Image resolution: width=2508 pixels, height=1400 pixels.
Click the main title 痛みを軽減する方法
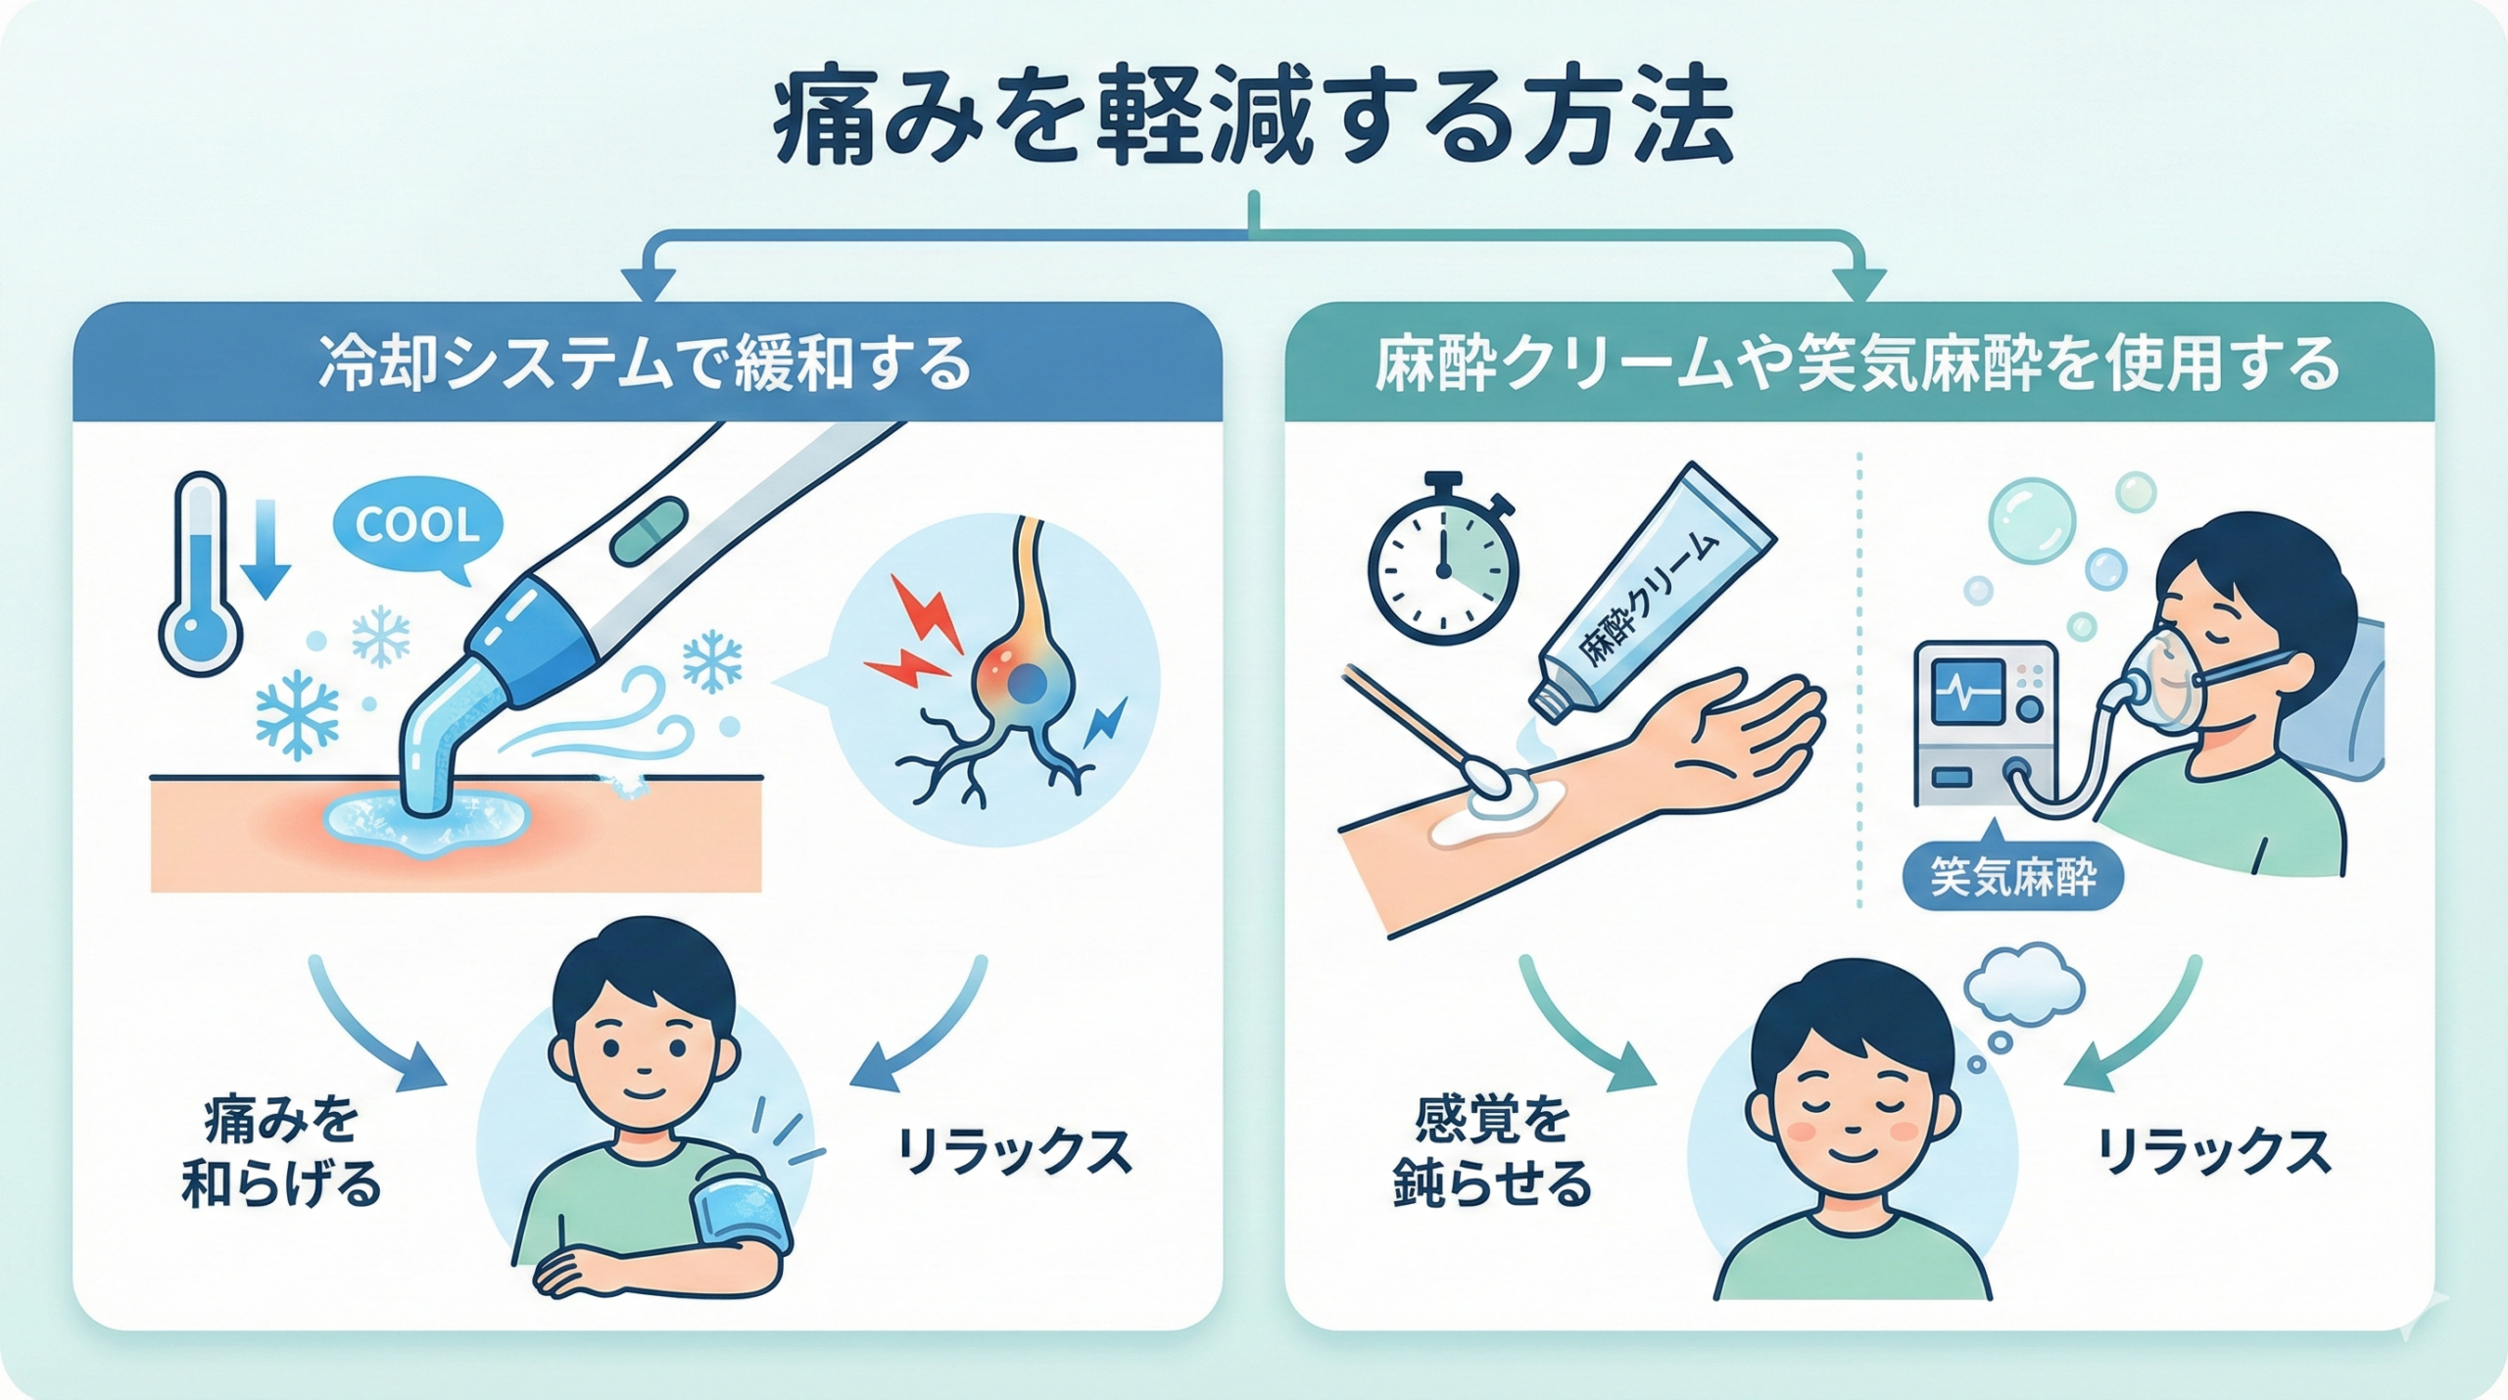point(1253,127)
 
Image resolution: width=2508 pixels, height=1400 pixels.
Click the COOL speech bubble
point(418,526)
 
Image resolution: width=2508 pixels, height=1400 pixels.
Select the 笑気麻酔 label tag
point(2012,877)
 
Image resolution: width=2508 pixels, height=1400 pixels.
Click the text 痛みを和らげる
point(281,1153)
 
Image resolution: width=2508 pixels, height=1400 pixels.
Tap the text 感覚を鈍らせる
point(1492,1153)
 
